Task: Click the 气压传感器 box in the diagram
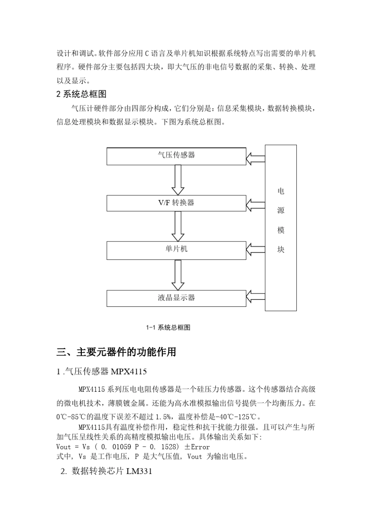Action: coord(176,156)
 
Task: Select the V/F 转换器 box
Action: coord(176,203)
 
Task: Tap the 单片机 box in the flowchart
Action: coord(176,250)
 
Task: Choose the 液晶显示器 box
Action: coord(176,298)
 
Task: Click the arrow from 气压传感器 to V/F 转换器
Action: coord(178,180)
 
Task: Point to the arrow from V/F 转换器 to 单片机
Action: coord(178,227)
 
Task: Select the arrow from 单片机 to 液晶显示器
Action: coord(178,275)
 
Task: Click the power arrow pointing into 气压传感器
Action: coord(256,158)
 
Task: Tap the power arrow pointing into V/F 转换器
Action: coord(256,204)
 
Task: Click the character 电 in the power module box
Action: coord(281,191)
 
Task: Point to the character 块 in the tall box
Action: coord(281,249)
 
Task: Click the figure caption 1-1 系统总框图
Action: coord(168,328)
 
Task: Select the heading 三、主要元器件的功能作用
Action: coord(116,352)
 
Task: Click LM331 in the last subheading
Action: coord(139,471)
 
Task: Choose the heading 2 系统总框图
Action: coord(81,94)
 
